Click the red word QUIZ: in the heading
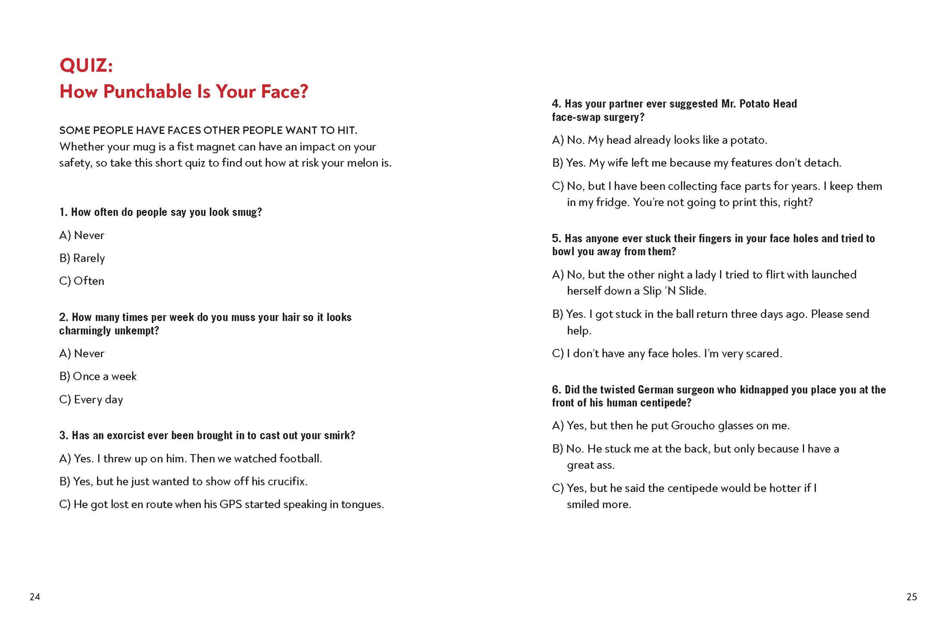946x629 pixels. (x=86, y=65)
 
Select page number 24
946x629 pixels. (x=35, y=597)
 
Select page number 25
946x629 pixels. (x=911, y=597)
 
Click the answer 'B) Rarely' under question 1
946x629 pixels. (x=82, y=258)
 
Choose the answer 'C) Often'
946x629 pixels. (x=82, y=281)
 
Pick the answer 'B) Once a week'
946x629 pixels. (x=98, y=376)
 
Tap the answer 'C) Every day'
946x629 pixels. (x=91, y=399)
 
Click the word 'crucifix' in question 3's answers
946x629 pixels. (x=286, y=481)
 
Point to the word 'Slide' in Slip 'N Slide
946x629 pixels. (x=692, y=291)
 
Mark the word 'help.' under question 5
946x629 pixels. (x=579, y=330)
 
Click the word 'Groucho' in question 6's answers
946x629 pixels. (x=693, y=425)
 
